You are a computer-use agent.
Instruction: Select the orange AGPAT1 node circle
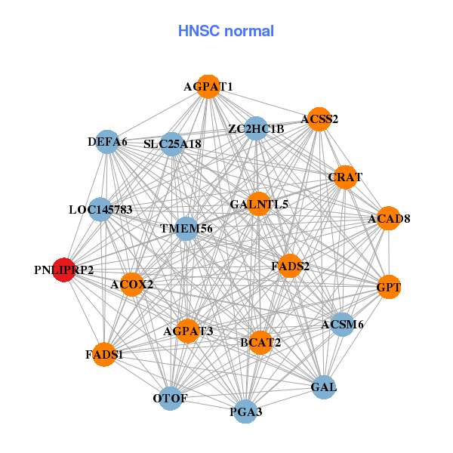coord(208,87)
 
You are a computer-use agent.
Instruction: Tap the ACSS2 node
coord(319,119)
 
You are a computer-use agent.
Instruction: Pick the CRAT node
coord(344,177)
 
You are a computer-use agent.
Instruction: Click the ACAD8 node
coord(388,219)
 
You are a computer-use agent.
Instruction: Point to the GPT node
coord(388,287)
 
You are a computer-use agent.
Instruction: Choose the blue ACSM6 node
coord(342,325)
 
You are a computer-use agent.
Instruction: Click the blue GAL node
coord(323,387)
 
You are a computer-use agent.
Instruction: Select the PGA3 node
coord(245,411)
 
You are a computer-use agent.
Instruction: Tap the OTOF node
coord(171,398)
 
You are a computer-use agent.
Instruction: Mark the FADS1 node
coord(104,353)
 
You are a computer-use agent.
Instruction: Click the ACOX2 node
coord(131,285)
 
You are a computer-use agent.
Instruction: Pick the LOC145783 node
coord(100,209)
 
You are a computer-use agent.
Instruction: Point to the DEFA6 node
coord(108,142)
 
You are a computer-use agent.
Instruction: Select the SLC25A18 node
coord(173,143)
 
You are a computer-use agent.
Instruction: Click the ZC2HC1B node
coord(256,129)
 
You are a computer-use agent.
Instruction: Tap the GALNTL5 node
coord(258,204)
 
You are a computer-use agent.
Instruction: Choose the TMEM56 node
coord(186,228)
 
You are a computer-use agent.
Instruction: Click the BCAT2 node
coord(260,342)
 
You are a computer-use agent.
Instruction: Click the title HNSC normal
coord(226,31)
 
